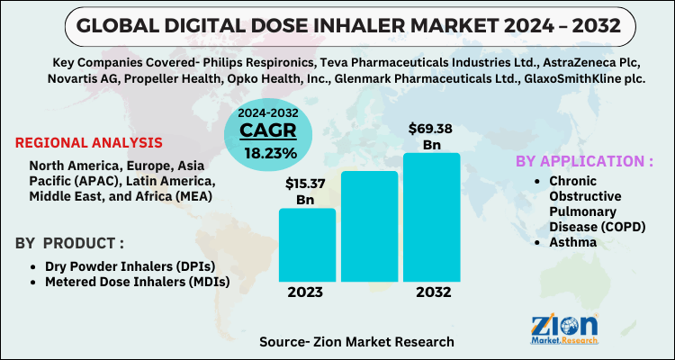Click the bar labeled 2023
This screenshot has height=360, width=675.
point(307,246)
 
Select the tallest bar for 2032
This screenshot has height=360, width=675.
point(431,219)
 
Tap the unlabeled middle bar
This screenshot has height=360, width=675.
point(369,228)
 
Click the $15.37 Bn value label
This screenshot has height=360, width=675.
point(306,190)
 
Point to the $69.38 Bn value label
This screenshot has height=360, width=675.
point(429,136)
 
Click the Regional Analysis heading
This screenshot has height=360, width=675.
point(89,142)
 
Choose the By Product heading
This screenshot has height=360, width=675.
point(69,244)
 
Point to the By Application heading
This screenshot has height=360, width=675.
point(584,161)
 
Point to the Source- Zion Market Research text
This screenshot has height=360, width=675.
point(355,342)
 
